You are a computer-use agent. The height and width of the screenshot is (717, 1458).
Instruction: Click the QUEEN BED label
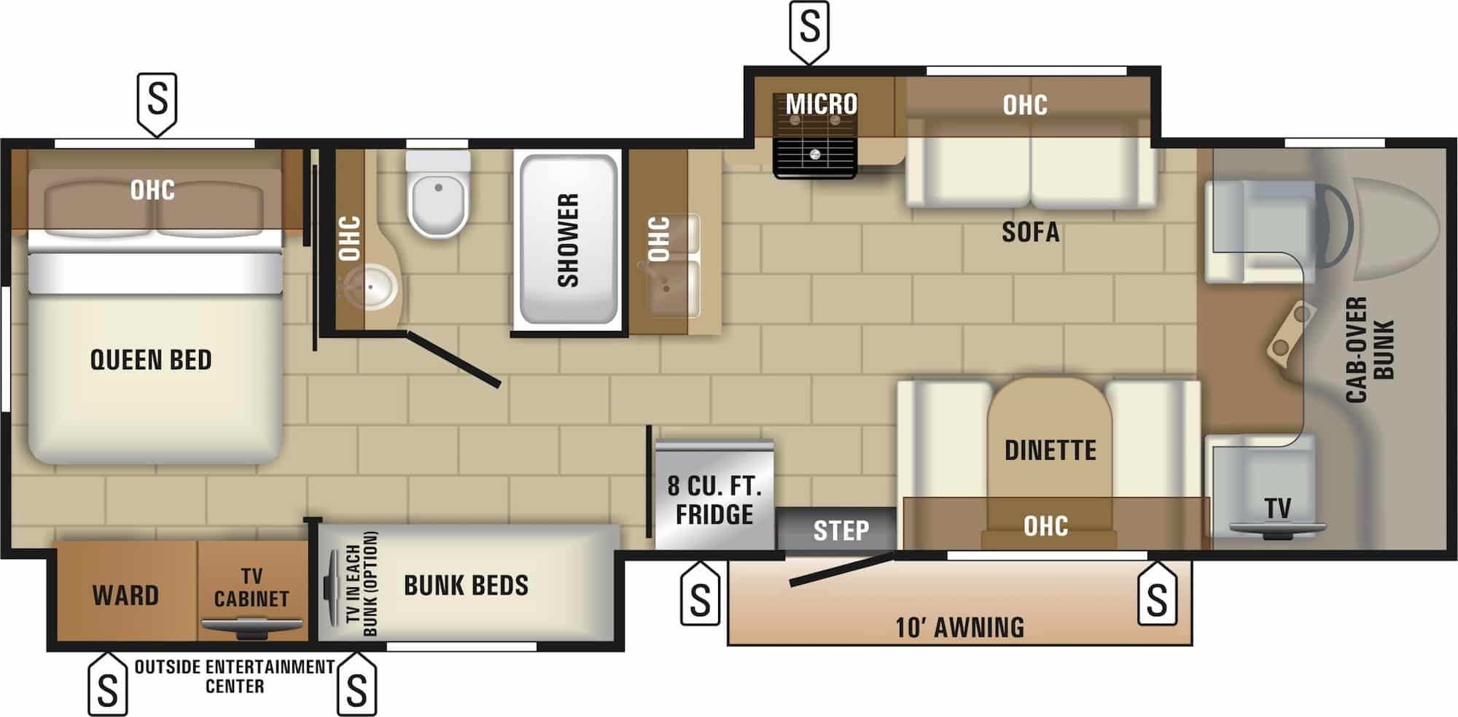point(151,360)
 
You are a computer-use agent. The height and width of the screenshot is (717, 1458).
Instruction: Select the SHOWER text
point(568,240)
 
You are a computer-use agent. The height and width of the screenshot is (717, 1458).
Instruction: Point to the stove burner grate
point(814,154)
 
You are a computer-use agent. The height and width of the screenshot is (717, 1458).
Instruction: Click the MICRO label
point(821,104)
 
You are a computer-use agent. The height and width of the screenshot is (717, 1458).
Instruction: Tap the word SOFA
point(1030,232)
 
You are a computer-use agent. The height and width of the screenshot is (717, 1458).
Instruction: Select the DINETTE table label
point(1050,450)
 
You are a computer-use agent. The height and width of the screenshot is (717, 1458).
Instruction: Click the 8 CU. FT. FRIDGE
point(714,495)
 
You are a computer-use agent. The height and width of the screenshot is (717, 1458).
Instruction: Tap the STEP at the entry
point(841,530)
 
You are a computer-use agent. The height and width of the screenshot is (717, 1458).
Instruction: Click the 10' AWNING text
point(959,627)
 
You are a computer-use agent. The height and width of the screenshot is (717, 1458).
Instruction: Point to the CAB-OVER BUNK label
point(1370,350)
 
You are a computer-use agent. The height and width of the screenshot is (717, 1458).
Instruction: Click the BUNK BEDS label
point(466,585)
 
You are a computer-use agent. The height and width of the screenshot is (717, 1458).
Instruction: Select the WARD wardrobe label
point(125,596)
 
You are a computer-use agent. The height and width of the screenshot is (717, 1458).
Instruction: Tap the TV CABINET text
point(252,587)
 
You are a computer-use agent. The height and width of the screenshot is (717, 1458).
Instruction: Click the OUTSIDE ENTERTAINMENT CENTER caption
point(235,676)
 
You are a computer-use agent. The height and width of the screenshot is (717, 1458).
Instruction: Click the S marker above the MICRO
point(809,28)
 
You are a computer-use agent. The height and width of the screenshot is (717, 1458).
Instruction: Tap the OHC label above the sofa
point(1024,105)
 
